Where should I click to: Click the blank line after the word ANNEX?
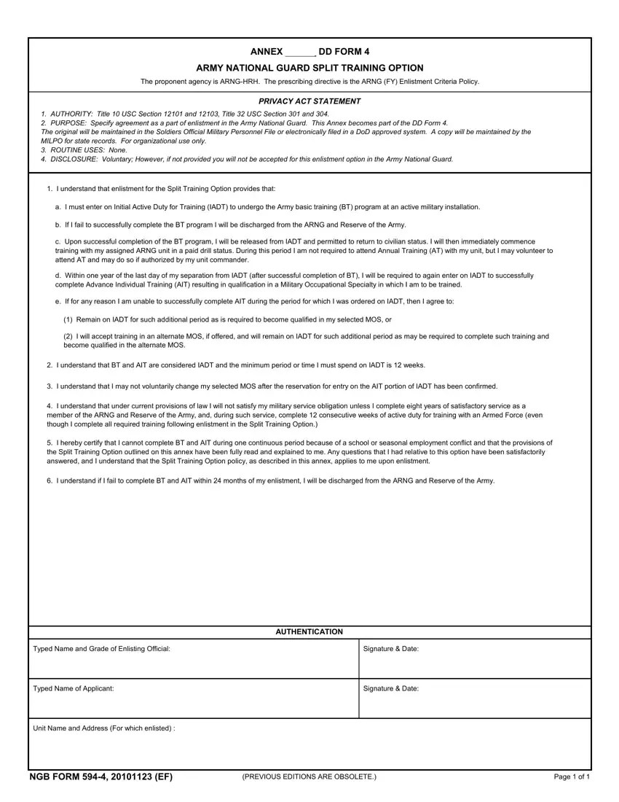pyautogui.click(x=299, y=52)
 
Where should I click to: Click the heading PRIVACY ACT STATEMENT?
pyautogui.click(x=309, y=101)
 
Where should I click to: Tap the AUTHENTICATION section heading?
pyautogui.click(x=309, y=632)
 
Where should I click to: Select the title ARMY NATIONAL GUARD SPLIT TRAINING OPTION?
pyautogui.click(x=309, y=68)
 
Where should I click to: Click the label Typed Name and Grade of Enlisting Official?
pyautogui.click(x=102, y=649)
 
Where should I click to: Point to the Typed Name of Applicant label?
pyautogui.click(x=74, y=688)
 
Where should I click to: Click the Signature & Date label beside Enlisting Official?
pyautogui.click(x=390, y=649)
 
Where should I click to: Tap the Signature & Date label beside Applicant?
pyautogui.click(x=390, y=688)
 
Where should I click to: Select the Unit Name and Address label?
pyautogui.click(x=104, y=728)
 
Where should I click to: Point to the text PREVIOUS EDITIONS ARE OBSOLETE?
pyautogui.click(x=309, y=777)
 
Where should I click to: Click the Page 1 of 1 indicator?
pyautogui.click(x=572, y=777)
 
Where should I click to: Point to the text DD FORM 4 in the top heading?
pyautogui.click(x=344, y=52)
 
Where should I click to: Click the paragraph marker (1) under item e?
pyautogui.click(x=68, y=319)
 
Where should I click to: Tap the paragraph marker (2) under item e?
pyautogui.click(x=68, y=337)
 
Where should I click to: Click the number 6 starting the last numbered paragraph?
pyautogui.click(x=49, y=480)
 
